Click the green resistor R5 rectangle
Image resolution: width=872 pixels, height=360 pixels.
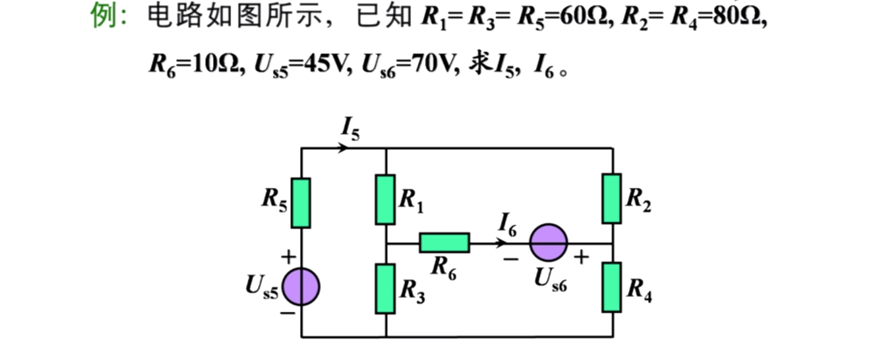[300, 203]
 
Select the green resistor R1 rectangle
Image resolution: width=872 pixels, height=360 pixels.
[385, 199]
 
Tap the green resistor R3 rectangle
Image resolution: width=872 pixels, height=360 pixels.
[385, 289]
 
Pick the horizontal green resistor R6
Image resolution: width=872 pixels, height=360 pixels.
[444, 242]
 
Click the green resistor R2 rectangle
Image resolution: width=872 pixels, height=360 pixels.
[612, 198]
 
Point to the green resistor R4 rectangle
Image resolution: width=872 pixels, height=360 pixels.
[612, 287]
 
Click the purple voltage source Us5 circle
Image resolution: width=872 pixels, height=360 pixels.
[300, 287]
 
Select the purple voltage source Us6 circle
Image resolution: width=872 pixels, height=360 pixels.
[548, 242]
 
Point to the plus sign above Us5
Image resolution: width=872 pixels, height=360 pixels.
[288, 256]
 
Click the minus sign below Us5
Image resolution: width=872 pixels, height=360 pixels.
[287, 314]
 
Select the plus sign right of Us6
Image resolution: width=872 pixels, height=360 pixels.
[581, 257]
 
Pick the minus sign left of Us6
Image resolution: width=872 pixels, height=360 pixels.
[511, 259]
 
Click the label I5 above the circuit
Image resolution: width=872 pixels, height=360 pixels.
[350, 129]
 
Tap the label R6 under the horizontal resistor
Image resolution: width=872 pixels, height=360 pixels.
[443, 268]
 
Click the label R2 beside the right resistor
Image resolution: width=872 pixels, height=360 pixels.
[638, 199]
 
